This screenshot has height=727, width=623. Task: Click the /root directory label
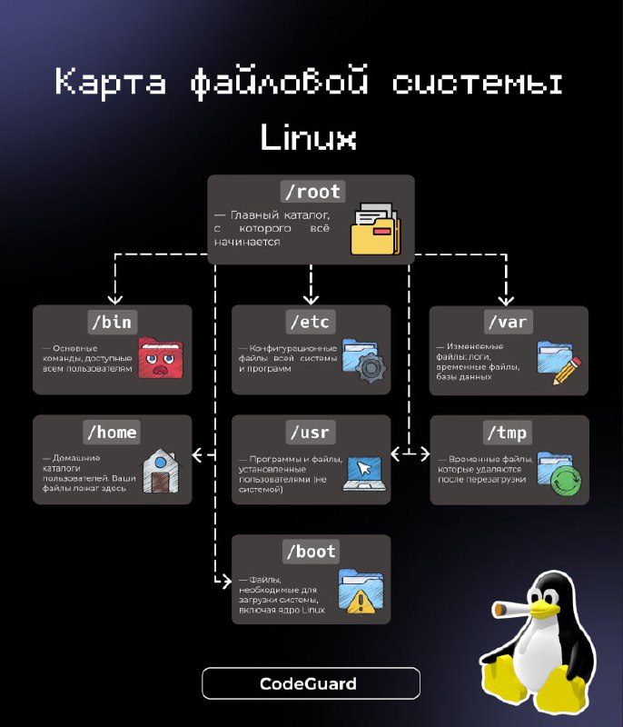pos(313,192)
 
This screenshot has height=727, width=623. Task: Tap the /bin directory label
pos(112,322)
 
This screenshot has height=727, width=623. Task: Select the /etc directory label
pos(311,322)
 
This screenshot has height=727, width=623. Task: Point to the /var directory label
pos(509,322)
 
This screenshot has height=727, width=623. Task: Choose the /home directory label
pos(112,433)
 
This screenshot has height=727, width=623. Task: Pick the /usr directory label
pos(311,433)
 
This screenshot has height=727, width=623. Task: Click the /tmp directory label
pos(508,433)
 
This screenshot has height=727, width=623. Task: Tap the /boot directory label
pos(311,552)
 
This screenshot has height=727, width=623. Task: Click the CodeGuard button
pos(311,683)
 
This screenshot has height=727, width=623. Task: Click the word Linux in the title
pos(309,137)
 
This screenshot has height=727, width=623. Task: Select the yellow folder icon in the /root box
pos(375,229)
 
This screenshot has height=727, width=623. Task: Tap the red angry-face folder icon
pos(161,357)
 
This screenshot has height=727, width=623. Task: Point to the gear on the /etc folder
pos(371,368)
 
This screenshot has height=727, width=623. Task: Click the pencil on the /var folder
pos(568,371)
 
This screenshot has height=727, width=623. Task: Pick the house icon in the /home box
pos(160,471)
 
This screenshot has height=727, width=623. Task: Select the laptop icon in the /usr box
pos(364,473)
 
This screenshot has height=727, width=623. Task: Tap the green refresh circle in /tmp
pos(566,482)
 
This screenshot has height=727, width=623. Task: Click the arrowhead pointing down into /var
pos(506,301)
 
